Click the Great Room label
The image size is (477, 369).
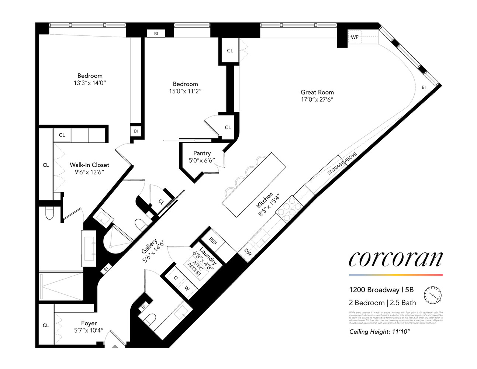[317, 92]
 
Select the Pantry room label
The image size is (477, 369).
[202, 153]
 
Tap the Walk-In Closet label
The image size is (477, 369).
[89, 165]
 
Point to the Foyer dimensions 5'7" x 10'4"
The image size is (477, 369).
[89, 331]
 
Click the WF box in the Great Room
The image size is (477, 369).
[354, 37]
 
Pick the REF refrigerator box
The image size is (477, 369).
[213, 241]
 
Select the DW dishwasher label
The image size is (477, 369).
[248, 253]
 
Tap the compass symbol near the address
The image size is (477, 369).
[433, 295]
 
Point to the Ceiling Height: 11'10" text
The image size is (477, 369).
[380, 332]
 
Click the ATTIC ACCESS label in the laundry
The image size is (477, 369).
[195, 269]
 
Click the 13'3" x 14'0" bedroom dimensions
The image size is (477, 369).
[90, 83]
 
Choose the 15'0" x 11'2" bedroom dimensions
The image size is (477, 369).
[185, 91]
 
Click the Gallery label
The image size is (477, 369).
[149, 246]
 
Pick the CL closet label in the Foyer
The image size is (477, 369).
[46, 325]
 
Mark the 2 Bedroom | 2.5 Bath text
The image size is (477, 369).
[382, 303]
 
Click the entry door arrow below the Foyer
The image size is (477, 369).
[115, 346]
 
